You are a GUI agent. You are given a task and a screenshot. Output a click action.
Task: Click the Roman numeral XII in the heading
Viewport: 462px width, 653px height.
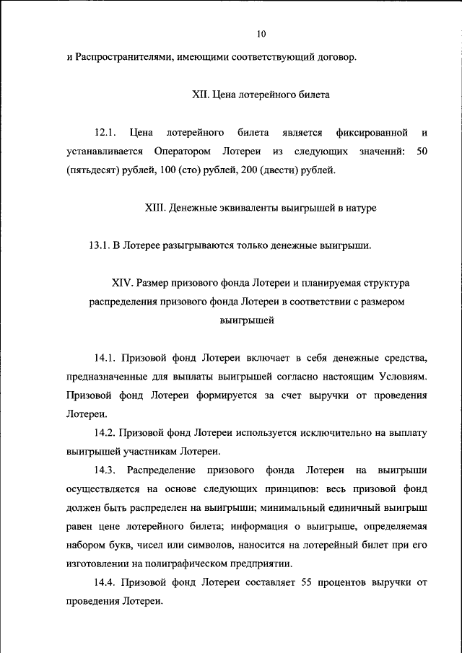tap(199, 95)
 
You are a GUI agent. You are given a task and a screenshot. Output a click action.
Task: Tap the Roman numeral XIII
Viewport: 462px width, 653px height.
tap(156, 208)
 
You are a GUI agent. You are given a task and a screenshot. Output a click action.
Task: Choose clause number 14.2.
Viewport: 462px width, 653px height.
tap(105, 434)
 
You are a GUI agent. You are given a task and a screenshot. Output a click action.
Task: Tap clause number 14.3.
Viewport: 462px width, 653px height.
tap(105, 470)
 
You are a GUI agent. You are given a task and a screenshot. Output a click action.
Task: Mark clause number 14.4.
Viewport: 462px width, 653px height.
tap(105, 583)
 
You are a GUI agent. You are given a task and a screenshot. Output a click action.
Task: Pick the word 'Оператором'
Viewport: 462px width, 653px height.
tap(182, 152)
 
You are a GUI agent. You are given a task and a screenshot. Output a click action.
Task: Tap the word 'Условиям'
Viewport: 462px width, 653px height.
tap(406, 377)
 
